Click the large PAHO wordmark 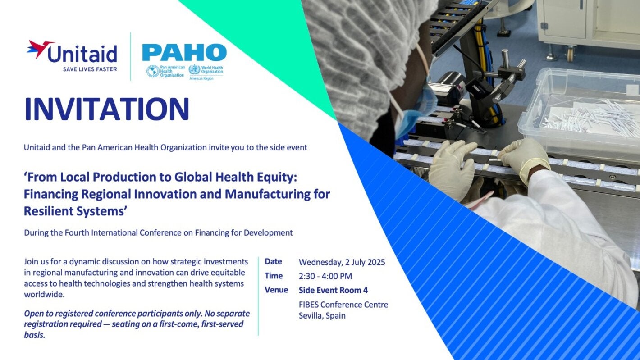point(184,53)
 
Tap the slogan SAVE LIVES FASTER point(90,69)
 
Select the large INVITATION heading point(106,109)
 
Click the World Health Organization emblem point(194,70)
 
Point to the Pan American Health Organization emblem point(153,71)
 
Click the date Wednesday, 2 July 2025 point(342,262)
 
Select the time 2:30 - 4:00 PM point(325,276)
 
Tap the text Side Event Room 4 point(333,290)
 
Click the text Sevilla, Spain point(322,315)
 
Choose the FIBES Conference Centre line point(343,304)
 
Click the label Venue point(276,290)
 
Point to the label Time point(274,276)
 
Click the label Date point(273,261)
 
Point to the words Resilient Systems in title point(74,210)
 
